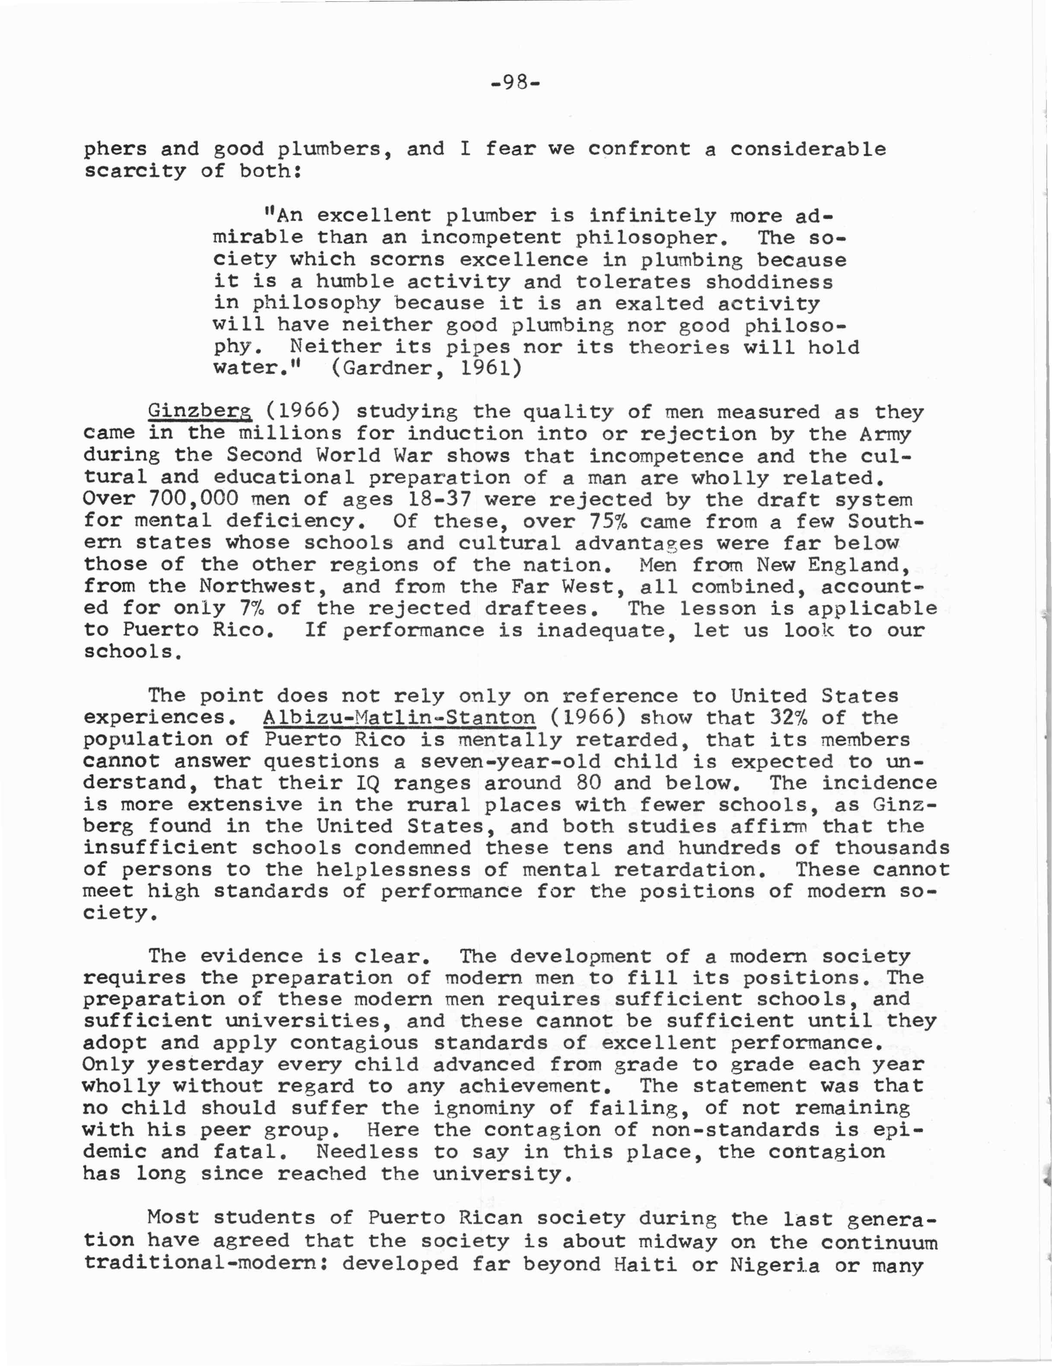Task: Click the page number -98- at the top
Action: pos(516,83)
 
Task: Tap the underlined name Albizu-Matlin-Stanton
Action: pos(399,718)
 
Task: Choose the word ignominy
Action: pos(484,1108)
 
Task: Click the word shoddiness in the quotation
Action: pos(769,282)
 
